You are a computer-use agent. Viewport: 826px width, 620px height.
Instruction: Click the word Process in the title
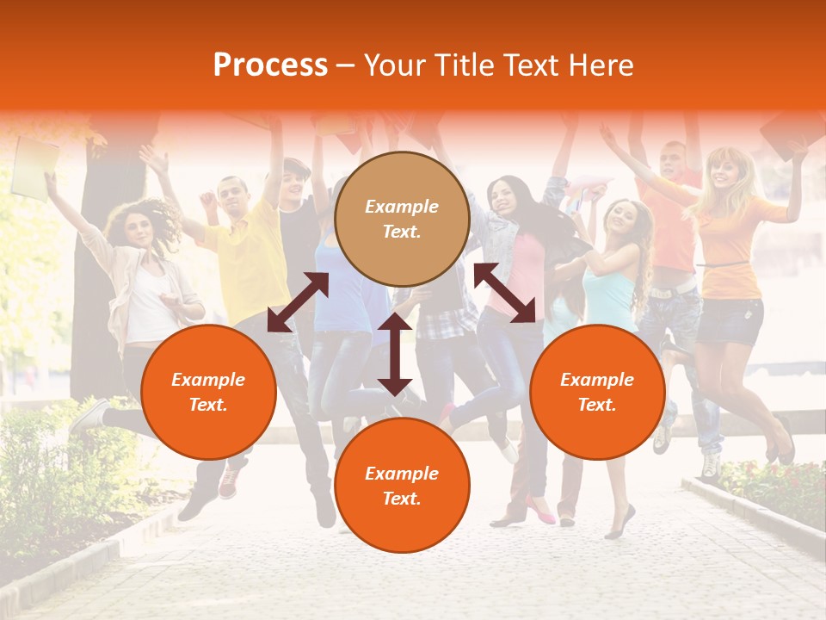click(x=270, y=65)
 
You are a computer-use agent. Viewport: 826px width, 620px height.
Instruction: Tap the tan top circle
click(x=402, y=220)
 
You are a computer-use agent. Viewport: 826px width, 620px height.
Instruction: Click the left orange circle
click(x=208, y=392)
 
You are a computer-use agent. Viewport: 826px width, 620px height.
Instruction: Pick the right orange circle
click(x=597, y=392)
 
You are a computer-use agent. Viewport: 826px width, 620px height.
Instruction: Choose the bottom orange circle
click(x=402, y=486)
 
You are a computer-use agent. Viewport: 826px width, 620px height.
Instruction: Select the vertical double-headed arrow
click(x=395, y=354)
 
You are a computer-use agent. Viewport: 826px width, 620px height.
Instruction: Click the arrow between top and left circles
click(x=298, y=302)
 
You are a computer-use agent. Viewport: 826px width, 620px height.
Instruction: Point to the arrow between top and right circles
click(x=504, y=293)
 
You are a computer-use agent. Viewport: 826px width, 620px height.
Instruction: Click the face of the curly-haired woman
click(x=139, y=226)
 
